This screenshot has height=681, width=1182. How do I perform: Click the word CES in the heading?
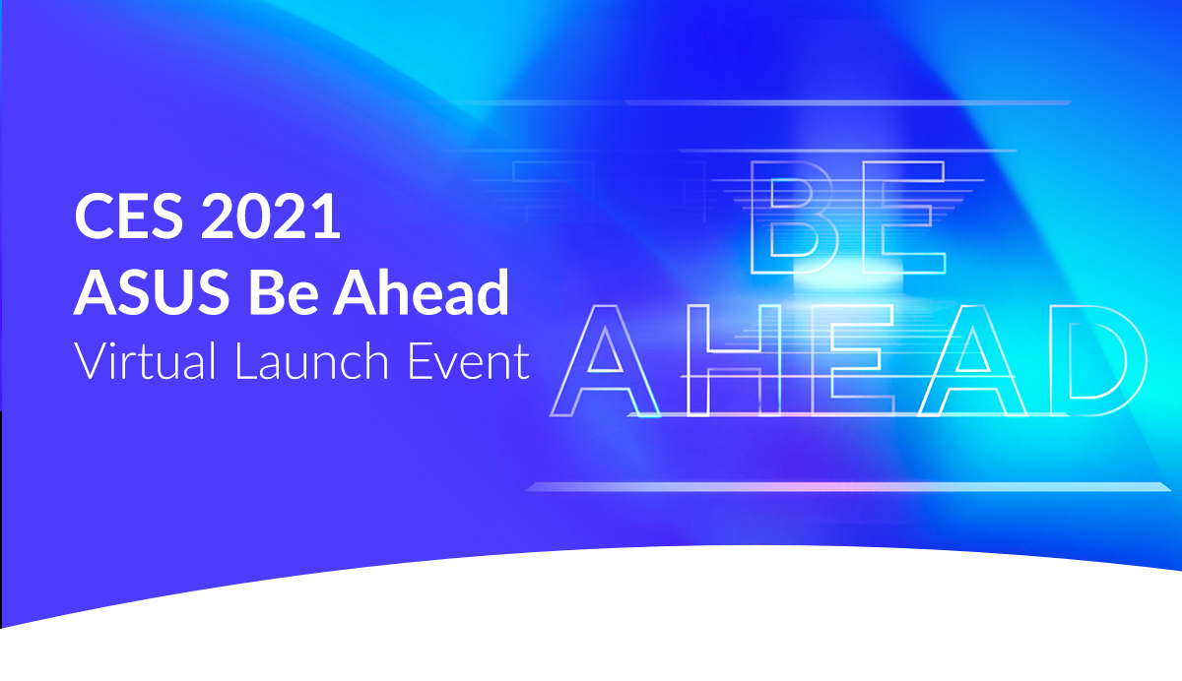[129, 216]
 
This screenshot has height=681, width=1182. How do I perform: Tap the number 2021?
[271, 216]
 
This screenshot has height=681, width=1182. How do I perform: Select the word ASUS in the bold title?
[152, 291]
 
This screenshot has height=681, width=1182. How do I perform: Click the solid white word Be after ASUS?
[284, 291]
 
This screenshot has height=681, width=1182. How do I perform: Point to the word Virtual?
[145, 360]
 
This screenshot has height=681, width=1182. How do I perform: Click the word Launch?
[312, 360]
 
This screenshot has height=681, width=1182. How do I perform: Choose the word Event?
[469, 360]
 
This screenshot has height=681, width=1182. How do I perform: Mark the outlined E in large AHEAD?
[817, 360]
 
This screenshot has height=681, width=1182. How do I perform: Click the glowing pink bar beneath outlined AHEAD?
[848, 487]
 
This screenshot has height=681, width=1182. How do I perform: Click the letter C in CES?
[94, 216]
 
